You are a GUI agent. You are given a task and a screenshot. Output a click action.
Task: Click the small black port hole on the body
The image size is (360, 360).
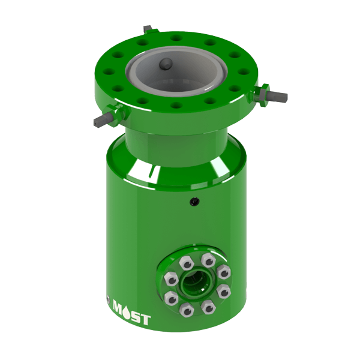point(193,202)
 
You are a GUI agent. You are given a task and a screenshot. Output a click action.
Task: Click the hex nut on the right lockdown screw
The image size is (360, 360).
point(262,92)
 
